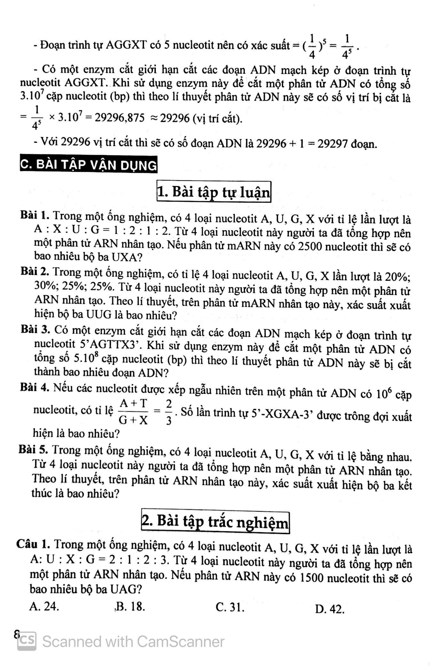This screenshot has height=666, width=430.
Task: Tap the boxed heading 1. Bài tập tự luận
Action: tap(214, 192)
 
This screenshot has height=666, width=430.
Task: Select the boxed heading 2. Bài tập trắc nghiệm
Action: tap(215, 523)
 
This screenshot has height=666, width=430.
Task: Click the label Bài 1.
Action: tap(35, 215)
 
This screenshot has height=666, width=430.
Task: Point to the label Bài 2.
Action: tap(35, 272)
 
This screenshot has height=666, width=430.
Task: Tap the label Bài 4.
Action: tap(35, 387)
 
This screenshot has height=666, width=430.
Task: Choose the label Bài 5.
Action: tap(33, 450)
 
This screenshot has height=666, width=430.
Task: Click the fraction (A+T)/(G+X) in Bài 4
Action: tap(133, 411)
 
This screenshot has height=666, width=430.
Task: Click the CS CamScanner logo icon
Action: tap(27, 641)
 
